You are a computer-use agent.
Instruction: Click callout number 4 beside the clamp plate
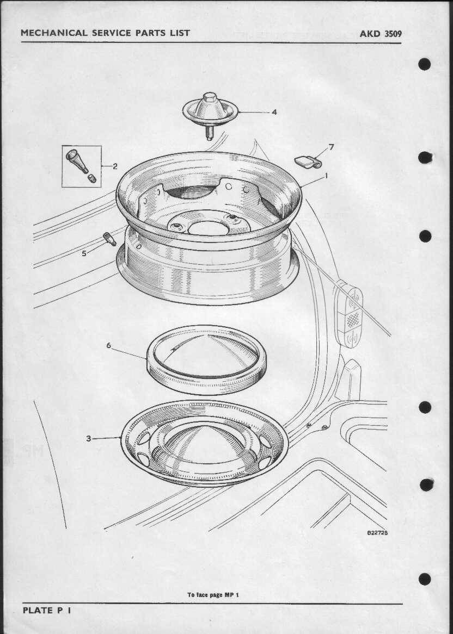click(x=274, y=112)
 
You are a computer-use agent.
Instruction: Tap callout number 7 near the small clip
click(x=332, y=147)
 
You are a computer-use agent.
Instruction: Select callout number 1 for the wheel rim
click(x=326, y=176)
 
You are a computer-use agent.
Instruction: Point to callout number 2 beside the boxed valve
click(x=115, y=166)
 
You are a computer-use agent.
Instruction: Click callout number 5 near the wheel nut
click(x=84, y=253)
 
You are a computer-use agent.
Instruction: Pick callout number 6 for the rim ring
click(x=108, y=345)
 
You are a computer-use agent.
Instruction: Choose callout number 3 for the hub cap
click(x=88, y=438)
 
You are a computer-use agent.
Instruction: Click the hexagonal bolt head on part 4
click(x=210, y=97)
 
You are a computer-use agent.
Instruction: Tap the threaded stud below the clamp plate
click(x=210, y=132)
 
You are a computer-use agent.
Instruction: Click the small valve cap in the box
click(x=92, y=178)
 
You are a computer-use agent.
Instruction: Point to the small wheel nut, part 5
click(x=109, y=239)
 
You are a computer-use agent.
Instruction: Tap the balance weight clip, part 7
click(x=308, y=162)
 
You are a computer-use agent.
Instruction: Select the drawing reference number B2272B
click(x=377, y=532)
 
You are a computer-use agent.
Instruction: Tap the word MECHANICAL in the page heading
click(x=54, y=33)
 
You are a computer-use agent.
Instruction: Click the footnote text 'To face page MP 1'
click(x=213, y=595)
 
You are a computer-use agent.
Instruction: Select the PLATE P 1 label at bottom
click(x=47, y=610)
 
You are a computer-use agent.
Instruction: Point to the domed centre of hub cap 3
click(x=205, y=442)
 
